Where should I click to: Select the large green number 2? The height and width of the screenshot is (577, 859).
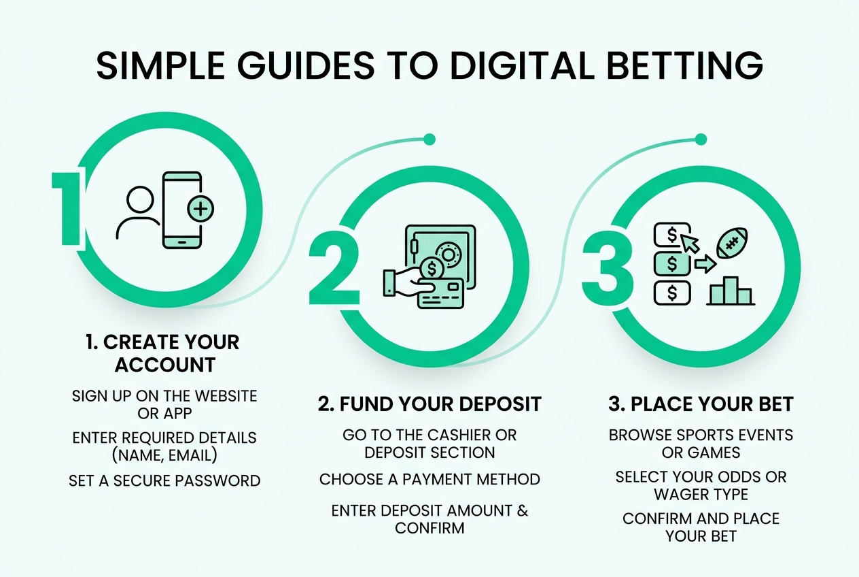coord(334,268)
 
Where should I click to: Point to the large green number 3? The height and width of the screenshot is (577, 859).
coord(608,268)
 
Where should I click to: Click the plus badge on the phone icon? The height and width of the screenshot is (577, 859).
coord(200,209)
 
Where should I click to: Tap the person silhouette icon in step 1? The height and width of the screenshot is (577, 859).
coord(139,213)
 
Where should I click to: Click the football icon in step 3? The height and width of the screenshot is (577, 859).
coord(732,243)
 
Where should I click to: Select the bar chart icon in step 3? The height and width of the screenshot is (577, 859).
coord(731,291)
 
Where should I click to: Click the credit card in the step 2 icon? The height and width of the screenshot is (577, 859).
coord(440,293)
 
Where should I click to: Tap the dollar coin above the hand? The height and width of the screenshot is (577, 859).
coord(432,269)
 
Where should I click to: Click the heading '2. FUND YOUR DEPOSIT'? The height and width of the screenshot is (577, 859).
coord(429,404)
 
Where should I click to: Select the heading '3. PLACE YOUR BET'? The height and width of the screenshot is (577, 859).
coord(701,404)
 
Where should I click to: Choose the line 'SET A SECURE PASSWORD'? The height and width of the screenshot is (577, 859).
coord(164,480)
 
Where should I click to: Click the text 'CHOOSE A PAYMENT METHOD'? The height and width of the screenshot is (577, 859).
coord(429,479)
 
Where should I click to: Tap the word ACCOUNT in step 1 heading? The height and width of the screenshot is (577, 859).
coord(165,365)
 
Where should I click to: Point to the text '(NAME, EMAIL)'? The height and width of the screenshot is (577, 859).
coord(164,455)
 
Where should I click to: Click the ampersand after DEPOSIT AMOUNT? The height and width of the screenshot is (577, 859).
coord(523,510)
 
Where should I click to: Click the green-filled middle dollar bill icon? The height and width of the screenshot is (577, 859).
coord(672,264)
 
